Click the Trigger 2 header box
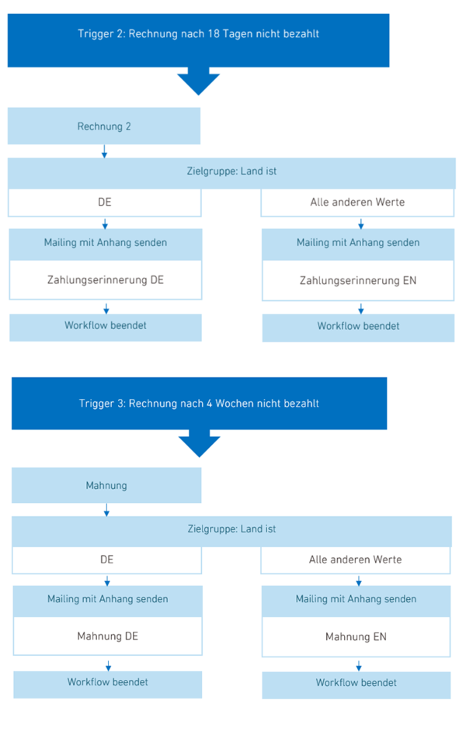(x=198, y=40)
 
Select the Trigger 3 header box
(x=200, y=404)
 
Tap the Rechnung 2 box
(x=104, y=126)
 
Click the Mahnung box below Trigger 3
(x=106, y=485)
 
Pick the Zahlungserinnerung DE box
(x=106, y=280)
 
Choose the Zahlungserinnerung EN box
(x=358, y=280)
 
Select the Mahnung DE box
(x=108, y=636)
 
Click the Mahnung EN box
(x=356, y=636)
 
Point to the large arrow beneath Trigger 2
(x=199, y=81)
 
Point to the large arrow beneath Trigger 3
(x=200, y=443)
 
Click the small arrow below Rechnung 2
(x=105, y=151)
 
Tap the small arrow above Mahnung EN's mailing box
(x=359, y=580)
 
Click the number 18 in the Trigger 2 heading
(x=214, y=33)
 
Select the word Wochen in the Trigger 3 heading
(x=235, y=404)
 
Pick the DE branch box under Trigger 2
(x=105, y=203)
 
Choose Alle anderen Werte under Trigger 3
(x=355, y=560)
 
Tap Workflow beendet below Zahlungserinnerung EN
(x=359, y=327)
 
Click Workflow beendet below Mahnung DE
(x=108, y=682)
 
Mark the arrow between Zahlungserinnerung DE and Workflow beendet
(x=106, y=309)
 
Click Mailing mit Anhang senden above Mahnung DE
(x=108, y=599)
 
